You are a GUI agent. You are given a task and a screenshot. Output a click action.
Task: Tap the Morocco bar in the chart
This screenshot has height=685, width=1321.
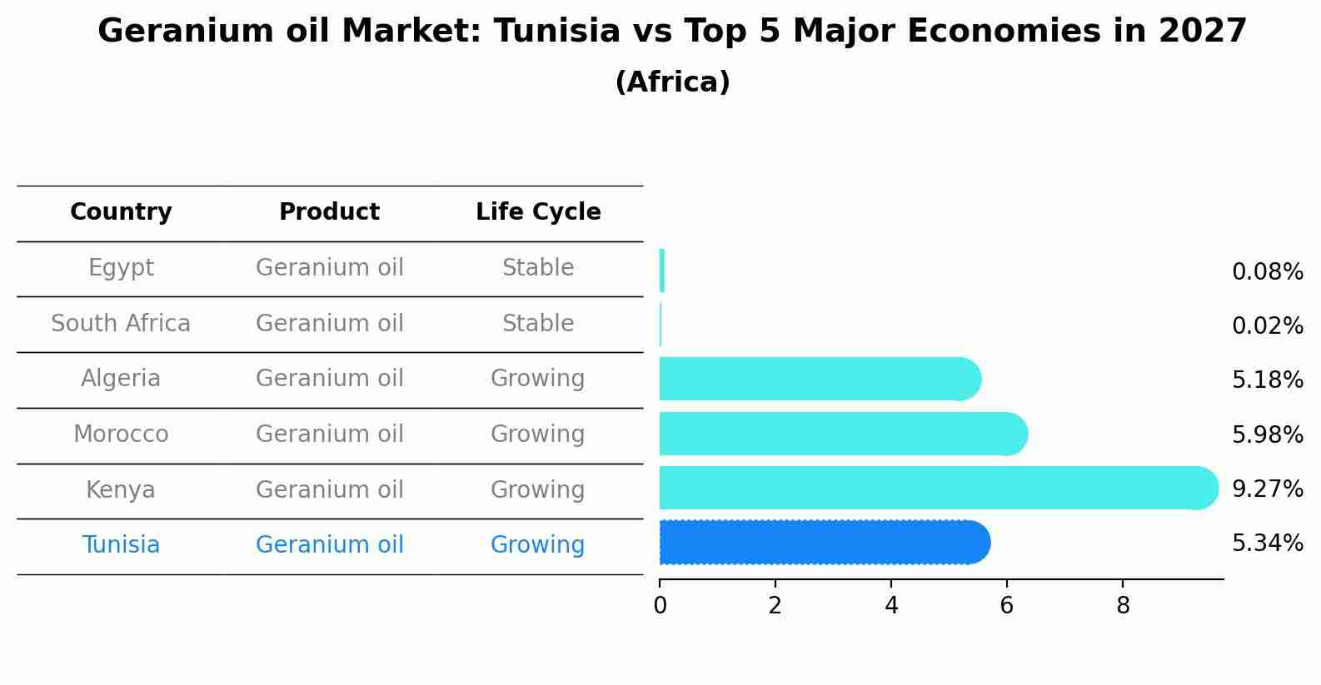point(841,434)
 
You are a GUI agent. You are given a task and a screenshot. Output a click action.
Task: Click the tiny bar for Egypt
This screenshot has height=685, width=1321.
point(662,271)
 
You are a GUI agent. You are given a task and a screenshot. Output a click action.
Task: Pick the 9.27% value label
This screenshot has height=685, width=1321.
point(1267,489)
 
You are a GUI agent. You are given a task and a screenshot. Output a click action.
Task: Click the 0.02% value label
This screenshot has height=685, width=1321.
point(1267,325)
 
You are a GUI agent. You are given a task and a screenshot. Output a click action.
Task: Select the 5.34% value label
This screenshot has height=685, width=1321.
point(1267,544)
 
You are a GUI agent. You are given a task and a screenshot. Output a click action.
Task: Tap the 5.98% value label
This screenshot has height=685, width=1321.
point(1267,434)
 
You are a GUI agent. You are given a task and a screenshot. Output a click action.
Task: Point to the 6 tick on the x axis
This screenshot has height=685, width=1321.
point(1006,606)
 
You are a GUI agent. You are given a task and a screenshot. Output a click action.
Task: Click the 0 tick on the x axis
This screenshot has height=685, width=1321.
point(660,606)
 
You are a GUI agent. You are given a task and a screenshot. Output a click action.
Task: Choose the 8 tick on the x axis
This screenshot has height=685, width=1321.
point(1122,606)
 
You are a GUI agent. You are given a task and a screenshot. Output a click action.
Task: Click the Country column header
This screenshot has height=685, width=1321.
point(121,212)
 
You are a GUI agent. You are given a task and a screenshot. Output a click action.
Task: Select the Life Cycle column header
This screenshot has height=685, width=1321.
point(538,212)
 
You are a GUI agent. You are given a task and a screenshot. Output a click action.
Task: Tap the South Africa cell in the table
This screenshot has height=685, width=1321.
point(121,323)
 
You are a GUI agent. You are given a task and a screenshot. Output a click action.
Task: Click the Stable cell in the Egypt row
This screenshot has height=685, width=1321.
point(538,268)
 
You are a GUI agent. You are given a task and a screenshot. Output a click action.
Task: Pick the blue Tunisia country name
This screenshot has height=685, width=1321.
point(121,545)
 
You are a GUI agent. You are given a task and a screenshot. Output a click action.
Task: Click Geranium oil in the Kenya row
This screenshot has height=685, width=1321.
point(329,489)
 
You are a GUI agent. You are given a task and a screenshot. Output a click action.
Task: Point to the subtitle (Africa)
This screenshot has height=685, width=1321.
point(672,82)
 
